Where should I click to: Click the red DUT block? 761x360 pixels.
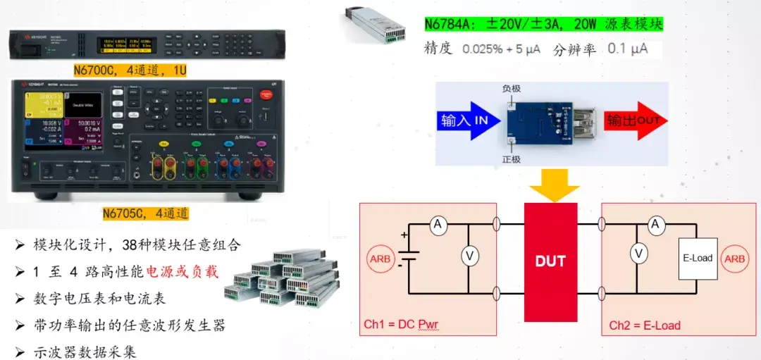pos(550,261)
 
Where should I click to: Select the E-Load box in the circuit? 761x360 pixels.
pos(698,258)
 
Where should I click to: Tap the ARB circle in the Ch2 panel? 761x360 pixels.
pos(735,258)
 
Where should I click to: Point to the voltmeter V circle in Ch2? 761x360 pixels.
pos(638,253)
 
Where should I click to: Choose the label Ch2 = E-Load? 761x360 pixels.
pos(645,325)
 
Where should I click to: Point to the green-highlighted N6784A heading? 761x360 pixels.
pos(543,24)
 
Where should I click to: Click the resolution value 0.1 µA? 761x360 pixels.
pos(627,49)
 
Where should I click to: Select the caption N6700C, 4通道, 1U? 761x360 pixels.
pos(130,70)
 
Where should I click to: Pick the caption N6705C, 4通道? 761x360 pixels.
pos(145,213)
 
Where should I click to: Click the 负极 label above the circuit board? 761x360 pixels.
pos(512,89)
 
